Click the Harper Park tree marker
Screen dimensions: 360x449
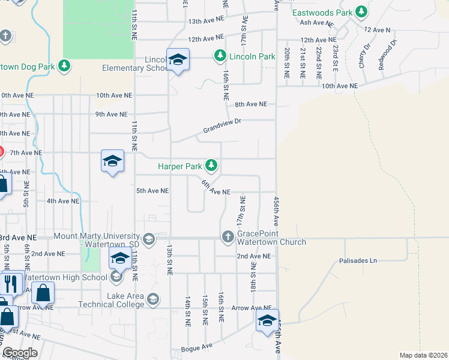pyautogui.click(x=211, y=165)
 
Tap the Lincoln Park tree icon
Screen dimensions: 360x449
pyautogui.click(x=220, y=56)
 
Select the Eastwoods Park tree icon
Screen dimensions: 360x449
pyautogui.click(x=361, y=11)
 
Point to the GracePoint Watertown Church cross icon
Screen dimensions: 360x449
pyautogui.click(x=228, y=237)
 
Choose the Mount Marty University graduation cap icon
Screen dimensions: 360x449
pyautogui.click(x=149, y=240)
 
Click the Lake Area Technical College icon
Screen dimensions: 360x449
pyautogui.click(x=153, y=299)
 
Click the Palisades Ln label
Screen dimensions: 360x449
pyautogui.click(x=358, y=260)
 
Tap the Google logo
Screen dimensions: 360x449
pyautogui.click(x=19, y=353)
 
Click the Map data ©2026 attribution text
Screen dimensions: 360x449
pyautogui.click(x=424, y=355)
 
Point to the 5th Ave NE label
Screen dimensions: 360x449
pyautogui.click(x=152, y=191)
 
